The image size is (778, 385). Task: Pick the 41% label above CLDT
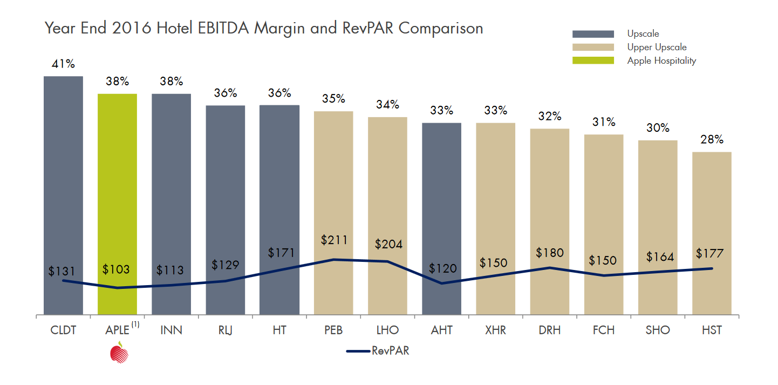63,64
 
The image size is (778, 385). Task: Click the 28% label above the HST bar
712,140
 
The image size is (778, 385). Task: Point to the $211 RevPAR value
333,240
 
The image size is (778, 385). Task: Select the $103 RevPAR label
116,269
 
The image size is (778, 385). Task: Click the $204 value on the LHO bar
388,244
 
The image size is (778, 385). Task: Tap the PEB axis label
333,330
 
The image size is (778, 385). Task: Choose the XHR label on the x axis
495,330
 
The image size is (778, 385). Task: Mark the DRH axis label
549,330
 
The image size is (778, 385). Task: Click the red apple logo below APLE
119,353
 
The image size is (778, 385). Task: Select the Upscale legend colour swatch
593,34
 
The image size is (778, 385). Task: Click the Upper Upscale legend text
657,48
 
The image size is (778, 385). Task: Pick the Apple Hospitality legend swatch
593,60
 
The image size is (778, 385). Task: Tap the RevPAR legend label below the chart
390,351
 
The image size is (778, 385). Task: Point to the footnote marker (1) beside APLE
135,325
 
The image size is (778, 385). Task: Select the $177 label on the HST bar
709,254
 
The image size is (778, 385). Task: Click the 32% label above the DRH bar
549,117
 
